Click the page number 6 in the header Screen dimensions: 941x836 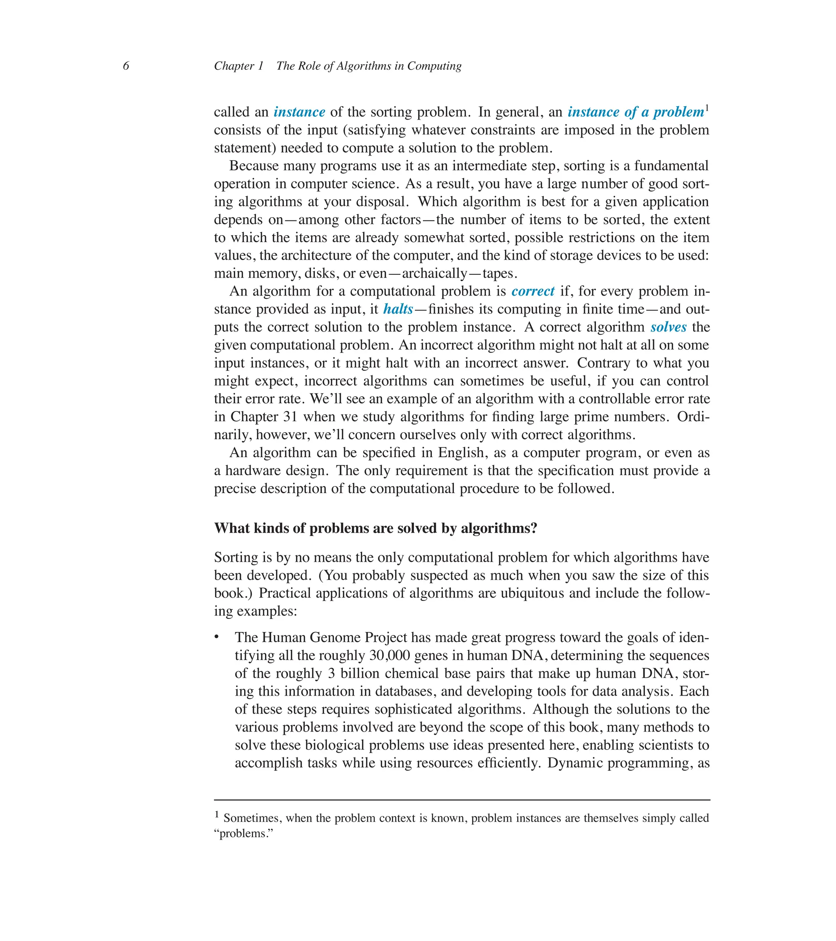[126, 66]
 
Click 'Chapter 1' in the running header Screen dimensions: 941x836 [238, 66]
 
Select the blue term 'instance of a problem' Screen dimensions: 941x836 [635, 112]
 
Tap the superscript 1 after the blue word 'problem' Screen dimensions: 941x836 [707, 108]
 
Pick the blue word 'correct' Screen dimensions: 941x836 [533, 291]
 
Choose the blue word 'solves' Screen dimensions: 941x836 [668, 327]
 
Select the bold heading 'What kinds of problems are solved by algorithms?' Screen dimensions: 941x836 [376, 527]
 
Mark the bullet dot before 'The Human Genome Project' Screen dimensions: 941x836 [216, 637]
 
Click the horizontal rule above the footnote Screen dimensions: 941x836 [462, 800]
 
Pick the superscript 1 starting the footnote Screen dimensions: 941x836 [217, 814]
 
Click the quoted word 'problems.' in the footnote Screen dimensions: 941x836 [244, 834]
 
